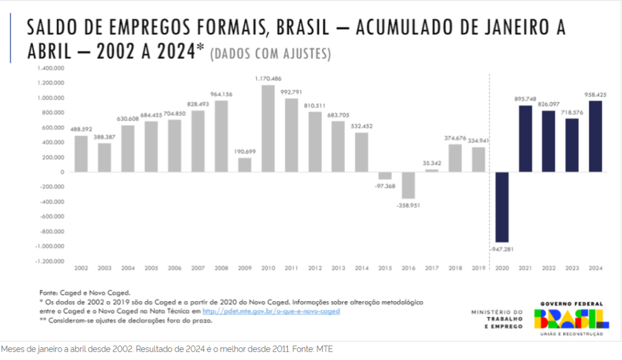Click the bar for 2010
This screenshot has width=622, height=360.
click(x=268, y=128)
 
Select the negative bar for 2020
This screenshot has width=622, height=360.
click(x=502, y=207)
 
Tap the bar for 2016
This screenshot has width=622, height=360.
click(x=408, y=185)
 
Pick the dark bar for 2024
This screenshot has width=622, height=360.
click(x=595, y=136)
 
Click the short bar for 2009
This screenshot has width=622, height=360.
click(x=245, y=165)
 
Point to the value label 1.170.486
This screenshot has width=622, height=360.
click(x=268, y=78)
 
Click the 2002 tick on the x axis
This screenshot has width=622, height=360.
click(x=81, y=268)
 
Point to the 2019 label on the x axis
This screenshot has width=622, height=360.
click(x=479, y=268)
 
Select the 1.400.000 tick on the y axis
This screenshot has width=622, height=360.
click(x=51, y=68)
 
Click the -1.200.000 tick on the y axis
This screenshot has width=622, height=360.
click(x=50, y=262)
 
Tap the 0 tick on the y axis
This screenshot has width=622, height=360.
click(x=62, y=172)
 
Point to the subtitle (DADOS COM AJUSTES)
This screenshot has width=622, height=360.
click(x=270, y=54)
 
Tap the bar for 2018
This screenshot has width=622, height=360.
click(x=455, y=158)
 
